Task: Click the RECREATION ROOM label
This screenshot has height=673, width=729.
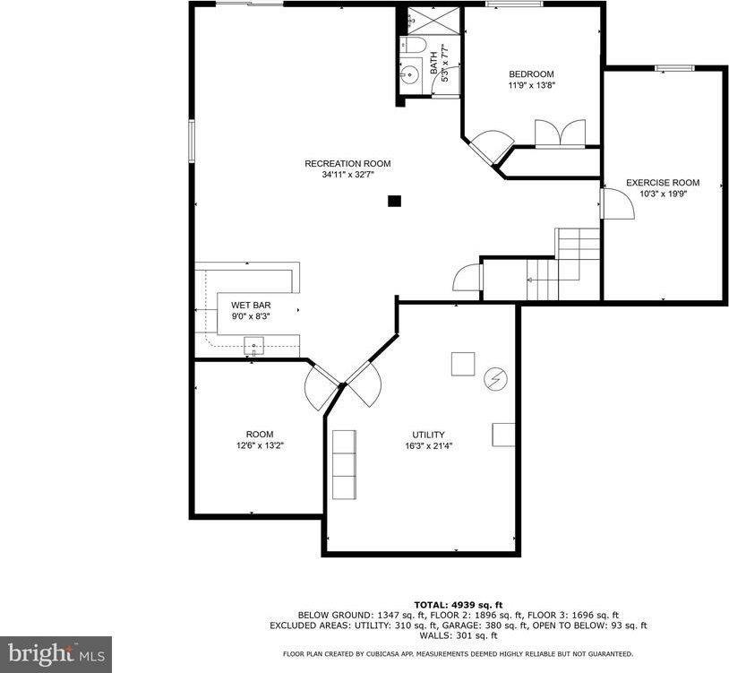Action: (x=347, y=163)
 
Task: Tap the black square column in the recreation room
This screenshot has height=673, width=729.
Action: (x=394, y=202)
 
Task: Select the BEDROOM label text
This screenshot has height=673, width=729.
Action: (x=531, y=74)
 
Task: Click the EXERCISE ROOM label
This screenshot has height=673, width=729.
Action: (x=663, y=183)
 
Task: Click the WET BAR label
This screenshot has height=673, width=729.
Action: (x=244, y=305)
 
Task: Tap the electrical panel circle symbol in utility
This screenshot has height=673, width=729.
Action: (x=493, y=379)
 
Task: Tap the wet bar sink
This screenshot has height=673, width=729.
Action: (x=254, y=344)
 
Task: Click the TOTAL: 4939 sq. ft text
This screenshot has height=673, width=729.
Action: (x=458, y=604)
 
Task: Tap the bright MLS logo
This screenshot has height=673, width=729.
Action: (x=56, y=653)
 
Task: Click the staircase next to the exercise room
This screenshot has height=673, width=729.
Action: (x=564, y=264)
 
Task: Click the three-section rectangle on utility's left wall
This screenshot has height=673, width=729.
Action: (x=344, y=464)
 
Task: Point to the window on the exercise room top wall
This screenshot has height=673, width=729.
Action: (x=674, y=68)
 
